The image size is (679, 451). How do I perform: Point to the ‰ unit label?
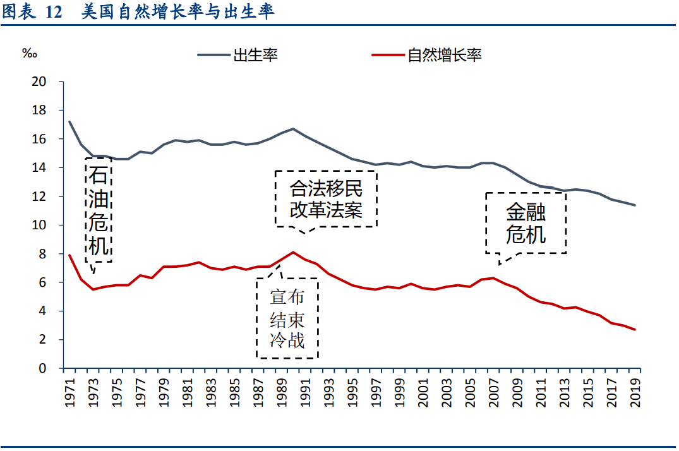[30, 54]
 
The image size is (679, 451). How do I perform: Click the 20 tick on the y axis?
[39, 81]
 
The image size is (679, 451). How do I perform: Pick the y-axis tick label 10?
[39, 225]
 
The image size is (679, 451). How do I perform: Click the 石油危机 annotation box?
[98, 210]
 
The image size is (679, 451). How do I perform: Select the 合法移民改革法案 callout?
[326, 198]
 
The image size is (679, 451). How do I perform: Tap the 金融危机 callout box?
[526, 222]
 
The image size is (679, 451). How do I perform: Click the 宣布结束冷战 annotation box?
[287, 318]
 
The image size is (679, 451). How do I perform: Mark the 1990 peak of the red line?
[293, 252]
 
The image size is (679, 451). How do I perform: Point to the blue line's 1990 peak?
[293, 129]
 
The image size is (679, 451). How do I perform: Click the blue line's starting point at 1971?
[69, 121]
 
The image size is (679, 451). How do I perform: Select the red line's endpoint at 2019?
[635, 330]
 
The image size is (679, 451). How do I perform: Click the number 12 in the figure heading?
[54, 13]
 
